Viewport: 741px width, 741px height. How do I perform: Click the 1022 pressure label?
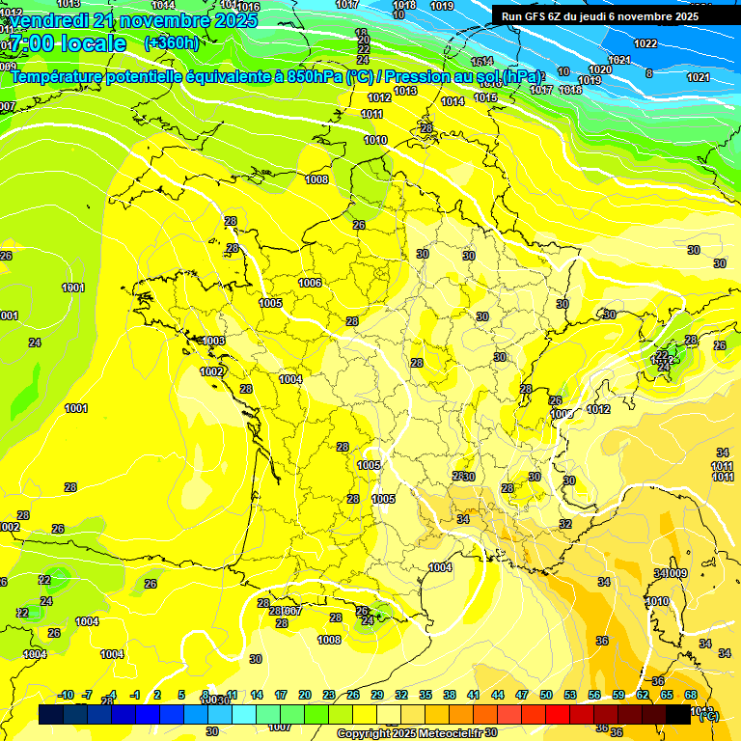(x=645, y=43)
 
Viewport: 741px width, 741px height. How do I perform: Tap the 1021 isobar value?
(x=699, y=77)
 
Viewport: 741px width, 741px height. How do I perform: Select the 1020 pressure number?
(x=600, y=69)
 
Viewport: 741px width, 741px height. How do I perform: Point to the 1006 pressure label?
(x=310, y=283)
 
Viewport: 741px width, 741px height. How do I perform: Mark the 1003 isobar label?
(x=213, y=341)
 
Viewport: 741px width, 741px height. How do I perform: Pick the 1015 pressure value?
(x=485, y=97)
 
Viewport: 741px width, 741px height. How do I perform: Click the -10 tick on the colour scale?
(x=66, y=695)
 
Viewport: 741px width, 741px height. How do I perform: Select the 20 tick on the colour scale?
(x=305, y=695)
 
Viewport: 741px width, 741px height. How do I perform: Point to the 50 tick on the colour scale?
(x=546, y=695)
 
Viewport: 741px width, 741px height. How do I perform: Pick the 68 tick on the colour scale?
(x=691, y=695)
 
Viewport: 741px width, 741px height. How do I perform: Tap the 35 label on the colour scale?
(x=425, y=695)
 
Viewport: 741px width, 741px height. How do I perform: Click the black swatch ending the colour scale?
(x=678, y=715)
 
